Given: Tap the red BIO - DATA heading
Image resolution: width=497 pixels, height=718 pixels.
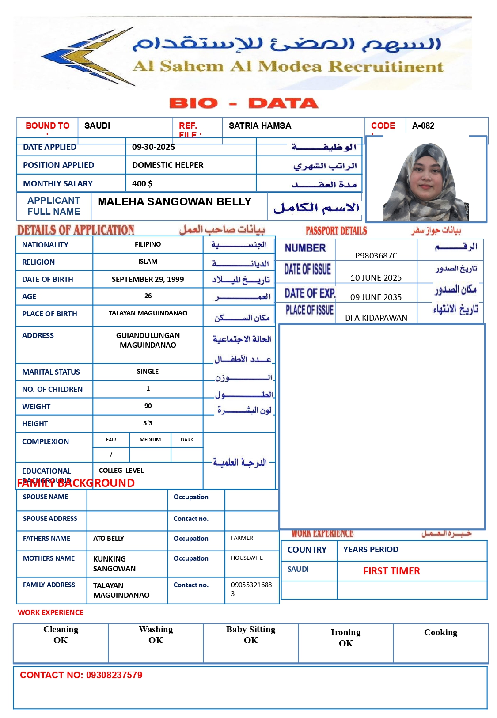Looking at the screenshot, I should [243, 103].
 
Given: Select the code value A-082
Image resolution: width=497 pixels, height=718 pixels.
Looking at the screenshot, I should [423, 126].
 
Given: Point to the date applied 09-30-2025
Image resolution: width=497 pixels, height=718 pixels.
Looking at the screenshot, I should [153, 147].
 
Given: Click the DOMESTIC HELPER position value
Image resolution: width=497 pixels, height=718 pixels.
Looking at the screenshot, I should [167, 165].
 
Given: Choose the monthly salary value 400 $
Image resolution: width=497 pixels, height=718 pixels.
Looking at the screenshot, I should [142, 184].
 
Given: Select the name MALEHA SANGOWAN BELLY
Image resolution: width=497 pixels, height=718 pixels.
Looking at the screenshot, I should [175, 202].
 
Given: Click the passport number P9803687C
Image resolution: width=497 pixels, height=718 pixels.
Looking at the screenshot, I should [376, 255].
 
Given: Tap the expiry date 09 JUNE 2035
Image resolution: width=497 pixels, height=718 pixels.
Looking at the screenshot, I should [376, 297].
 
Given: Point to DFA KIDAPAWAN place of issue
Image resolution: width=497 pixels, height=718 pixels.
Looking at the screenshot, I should [376, 318].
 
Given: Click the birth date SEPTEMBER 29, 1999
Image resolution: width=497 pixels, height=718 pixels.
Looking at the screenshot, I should [148, 279].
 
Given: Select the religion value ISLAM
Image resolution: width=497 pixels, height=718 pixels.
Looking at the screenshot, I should [148, 262].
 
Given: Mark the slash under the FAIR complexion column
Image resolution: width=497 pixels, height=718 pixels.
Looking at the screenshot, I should [111, 454].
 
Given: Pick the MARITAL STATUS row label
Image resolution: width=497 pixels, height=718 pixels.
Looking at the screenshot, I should [51, 372].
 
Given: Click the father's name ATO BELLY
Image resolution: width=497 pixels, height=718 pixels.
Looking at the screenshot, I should [109, 539].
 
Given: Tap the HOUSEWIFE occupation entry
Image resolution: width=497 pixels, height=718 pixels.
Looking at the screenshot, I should [247, 558].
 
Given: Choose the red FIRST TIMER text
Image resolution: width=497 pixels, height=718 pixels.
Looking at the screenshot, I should [391, 571].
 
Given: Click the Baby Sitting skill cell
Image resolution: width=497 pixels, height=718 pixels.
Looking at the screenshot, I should [250, 635].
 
